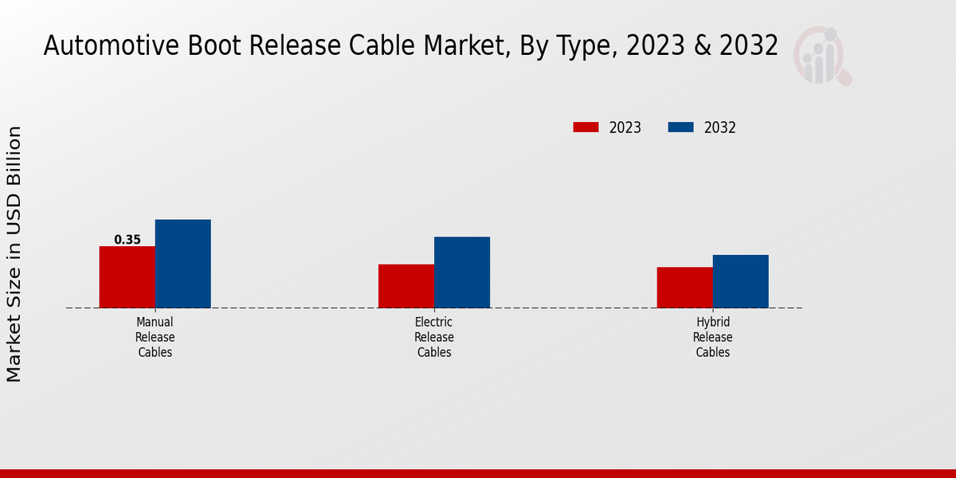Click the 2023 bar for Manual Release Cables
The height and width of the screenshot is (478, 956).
[127, 276]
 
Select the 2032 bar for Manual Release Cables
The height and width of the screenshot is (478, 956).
[182, 263]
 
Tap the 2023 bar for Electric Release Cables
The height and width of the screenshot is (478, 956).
[406, 285]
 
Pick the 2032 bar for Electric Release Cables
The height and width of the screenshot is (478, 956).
[461, 272]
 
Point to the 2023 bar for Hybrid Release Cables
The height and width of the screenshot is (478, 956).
[684, 287]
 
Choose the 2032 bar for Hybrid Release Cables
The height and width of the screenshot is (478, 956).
[740, 280]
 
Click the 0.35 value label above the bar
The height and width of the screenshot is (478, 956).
[127, 240]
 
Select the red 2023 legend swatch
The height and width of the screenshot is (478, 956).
[586, 127]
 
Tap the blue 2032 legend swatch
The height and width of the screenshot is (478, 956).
[680, 127]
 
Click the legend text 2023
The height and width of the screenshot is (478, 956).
[625, 127]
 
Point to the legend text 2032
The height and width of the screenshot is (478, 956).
[720, 127]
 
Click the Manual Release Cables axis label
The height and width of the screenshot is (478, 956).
[155, 337]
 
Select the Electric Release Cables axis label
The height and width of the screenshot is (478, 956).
[433, 337]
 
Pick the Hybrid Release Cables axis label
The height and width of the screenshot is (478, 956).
[712, 337]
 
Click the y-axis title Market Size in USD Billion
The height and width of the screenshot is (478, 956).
[14, 253]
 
